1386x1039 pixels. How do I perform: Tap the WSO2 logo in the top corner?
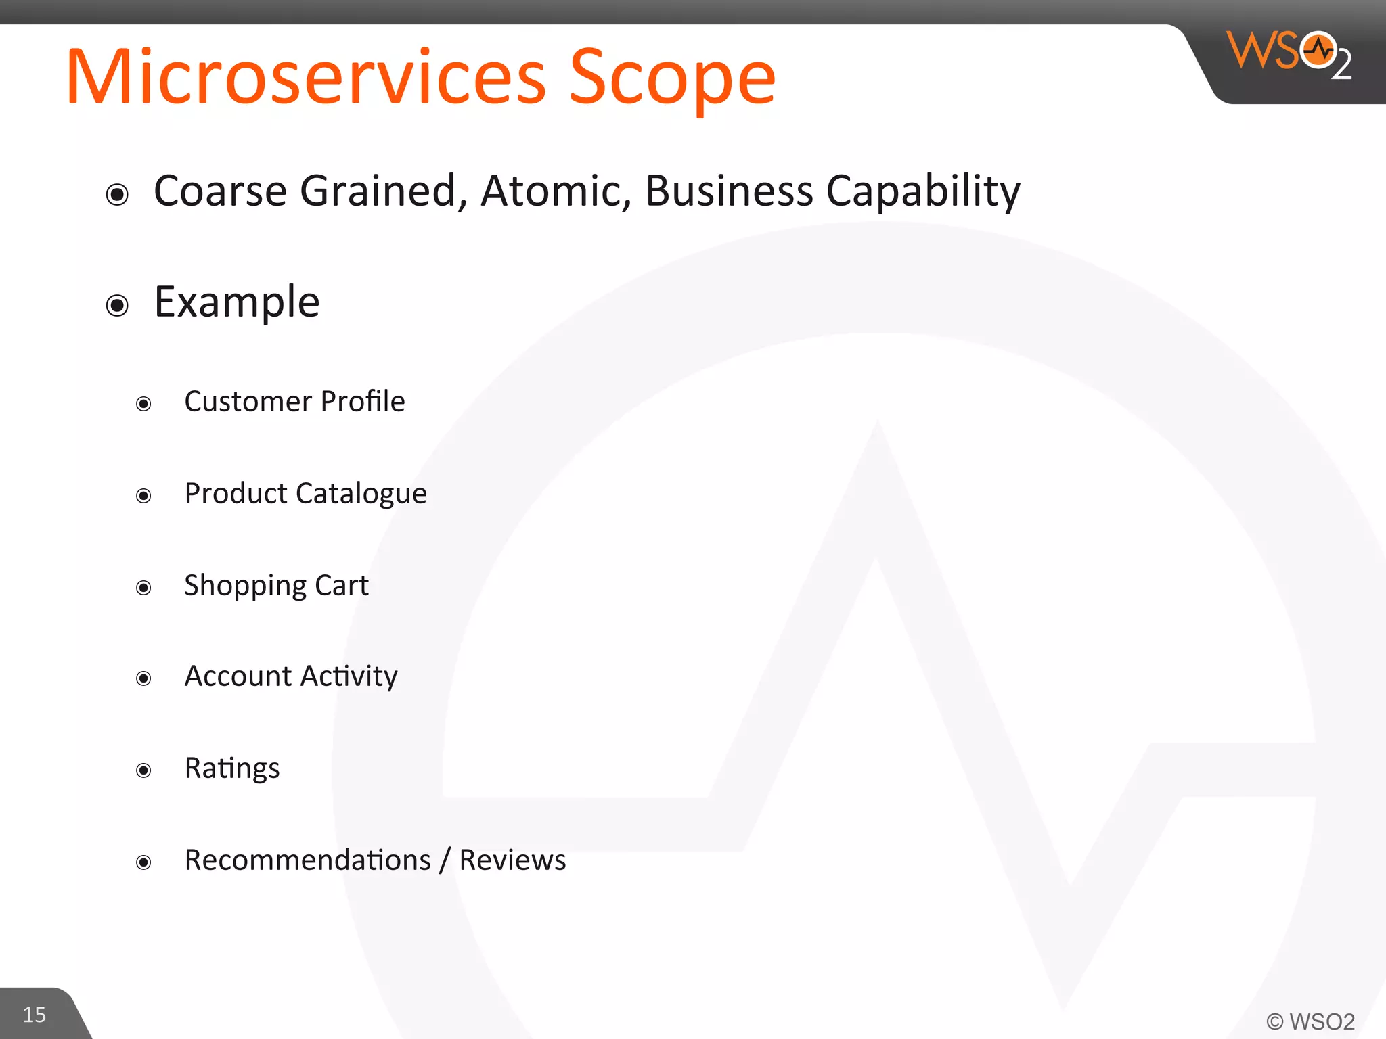(1289, 54)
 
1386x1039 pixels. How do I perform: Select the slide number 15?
(35, 1015)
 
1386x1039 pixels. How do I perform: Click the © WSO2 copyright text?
(1310, 1021)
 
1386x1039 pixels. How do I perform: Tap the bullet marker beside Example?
(118, 305)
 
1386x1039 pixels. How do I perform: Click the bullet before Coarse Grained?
(118, 195)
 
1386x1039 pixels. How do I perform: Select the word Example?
(237, 302)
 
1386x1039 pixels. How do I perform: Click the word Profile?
(363, 401)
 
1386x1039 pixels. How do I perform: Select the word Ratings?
(232, 768)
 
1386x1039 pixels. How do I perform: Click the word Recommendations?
(308, 860)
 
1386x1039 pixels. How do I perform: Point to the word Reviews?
(512, 860)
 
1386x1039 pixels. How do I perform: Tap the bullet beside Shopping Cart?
(143, 587)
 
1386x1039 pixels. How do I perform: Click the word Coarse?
(221, 191)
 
